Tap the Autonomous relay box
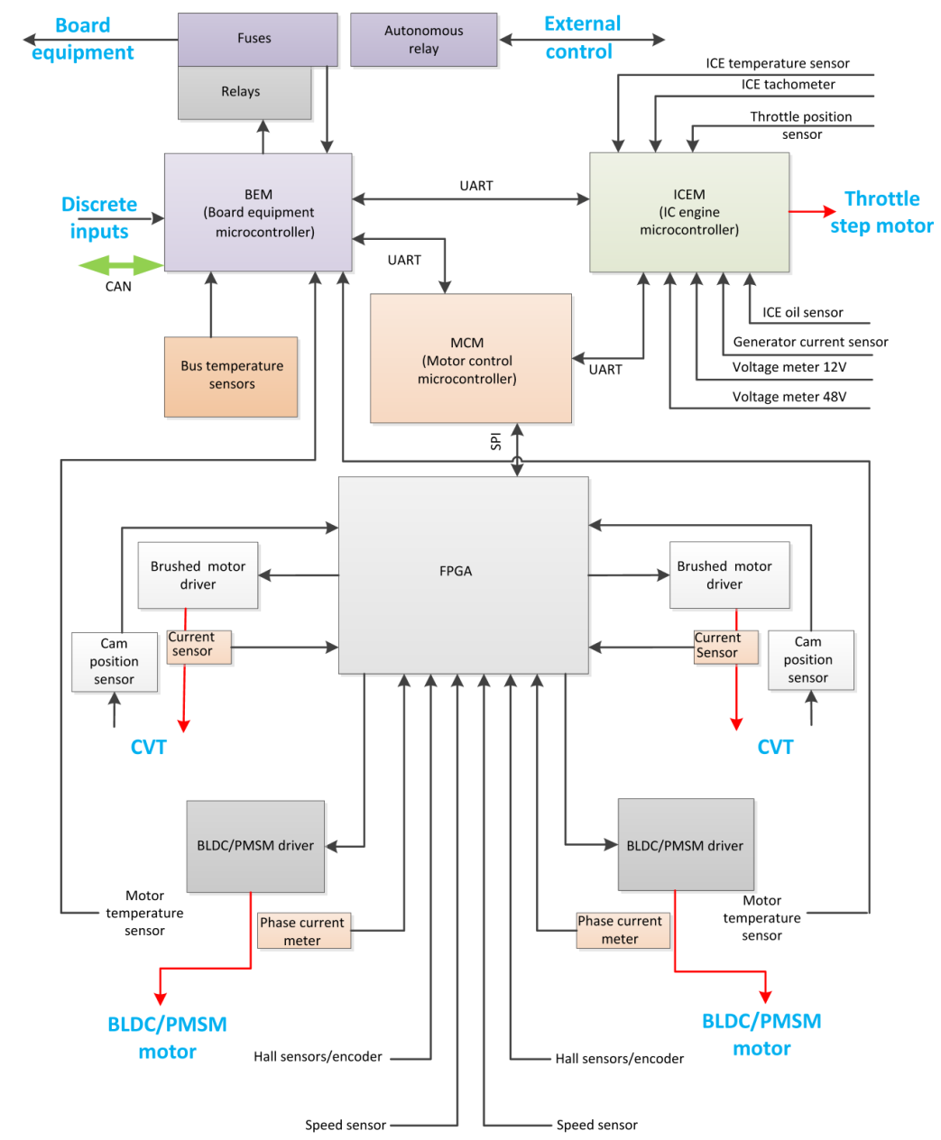click(x=423, y=40)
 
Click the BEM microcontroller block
click(x=258, y=212)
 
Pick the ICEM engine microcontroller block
click(x=689, y=212)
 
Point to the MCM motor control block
click(x=470, y=358)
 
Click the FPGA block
click(x=463, y=575)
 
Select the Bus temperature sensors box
click(x=231, y=376)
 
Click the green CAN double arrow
click(x=121, y=265)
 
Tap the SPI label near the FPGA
click(x=495, y=442)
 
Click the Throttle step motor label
click(x=881, y=212)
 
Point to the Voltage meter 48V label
click(x=789, y=397)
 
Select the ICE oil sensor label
click(x=802, y=313)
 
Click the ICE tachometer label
click(x=788, y=85)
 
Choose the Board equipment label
click(x=82, y=39)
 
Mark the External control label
click(x=581, y=38)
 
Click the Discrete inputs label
click(x=99, y=217)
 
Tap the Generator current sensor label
click(x=809, y=342)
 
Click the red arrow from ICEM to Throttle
click(x=812, y=212)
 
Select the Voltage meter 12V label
click(x=789, y=367)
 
